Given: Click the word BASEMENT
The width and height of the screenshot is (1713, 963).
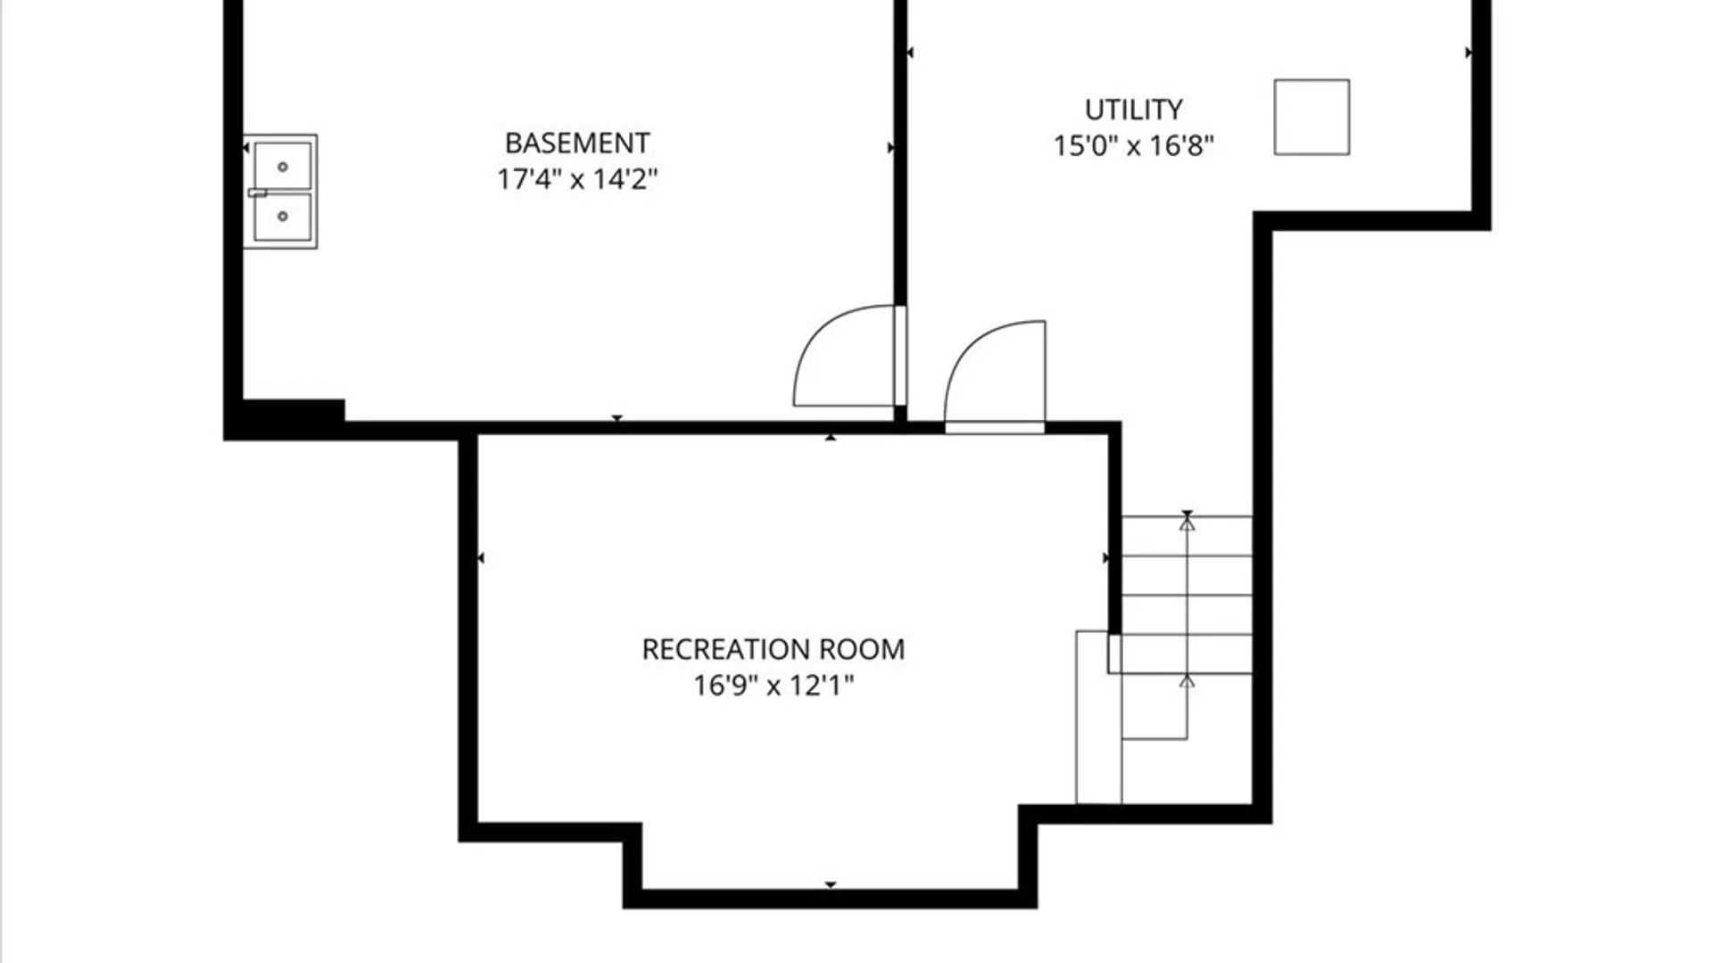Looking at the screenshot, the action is pyautogui.click(x=577, y=143).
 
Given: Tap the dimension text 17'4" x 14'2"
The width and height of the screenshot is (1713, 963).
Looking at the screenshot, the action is pyautogui.click(x=577, y=179).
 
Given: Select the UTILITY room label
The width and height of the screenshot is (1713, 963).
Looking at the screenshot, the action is pyautogui.click(x=1133, y=110).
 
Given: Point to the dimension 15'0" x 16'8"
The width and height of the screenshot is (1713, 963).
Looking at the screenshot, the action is pyautogui.click(x=1133, y=145).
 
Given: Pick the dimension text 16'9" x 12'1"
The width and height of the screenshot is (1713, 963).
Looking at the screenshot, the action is pyautogui.click(x=774, y=686).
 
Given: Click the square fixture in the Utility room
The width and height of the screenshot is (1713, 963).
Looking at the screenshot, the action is pyautogui.click(x=1312, y=117).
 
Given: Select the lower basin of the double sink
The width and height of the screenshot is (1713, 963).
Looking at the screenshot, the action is pyautogui.click(x=283, y=217).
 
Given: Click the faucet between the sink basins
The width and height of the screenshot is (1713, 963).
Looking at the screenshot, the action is pyautogui.click(x=257, y=193).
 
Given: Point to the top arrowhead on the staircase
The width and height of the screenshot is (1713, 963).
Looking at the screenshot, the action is pyautogui.click(x=1187, y=524).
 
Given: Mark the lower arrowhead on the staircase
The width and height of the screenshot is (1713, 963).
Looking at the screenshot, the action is pyautogui.click(x=1187, y=681).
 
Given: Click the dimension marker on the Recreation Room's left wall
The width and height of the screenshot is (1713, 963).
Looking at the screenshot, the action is pyautogui.click(x=481, y=558).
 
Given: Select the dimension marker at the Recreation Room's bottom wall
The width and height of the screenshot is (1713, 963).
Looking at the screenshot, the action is pyautogui.click(x=831, y=885).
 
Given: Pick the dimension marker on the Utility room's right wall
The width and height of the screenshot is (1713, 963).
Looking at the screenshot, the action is pyautogui.click(x=1468, y=53).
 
